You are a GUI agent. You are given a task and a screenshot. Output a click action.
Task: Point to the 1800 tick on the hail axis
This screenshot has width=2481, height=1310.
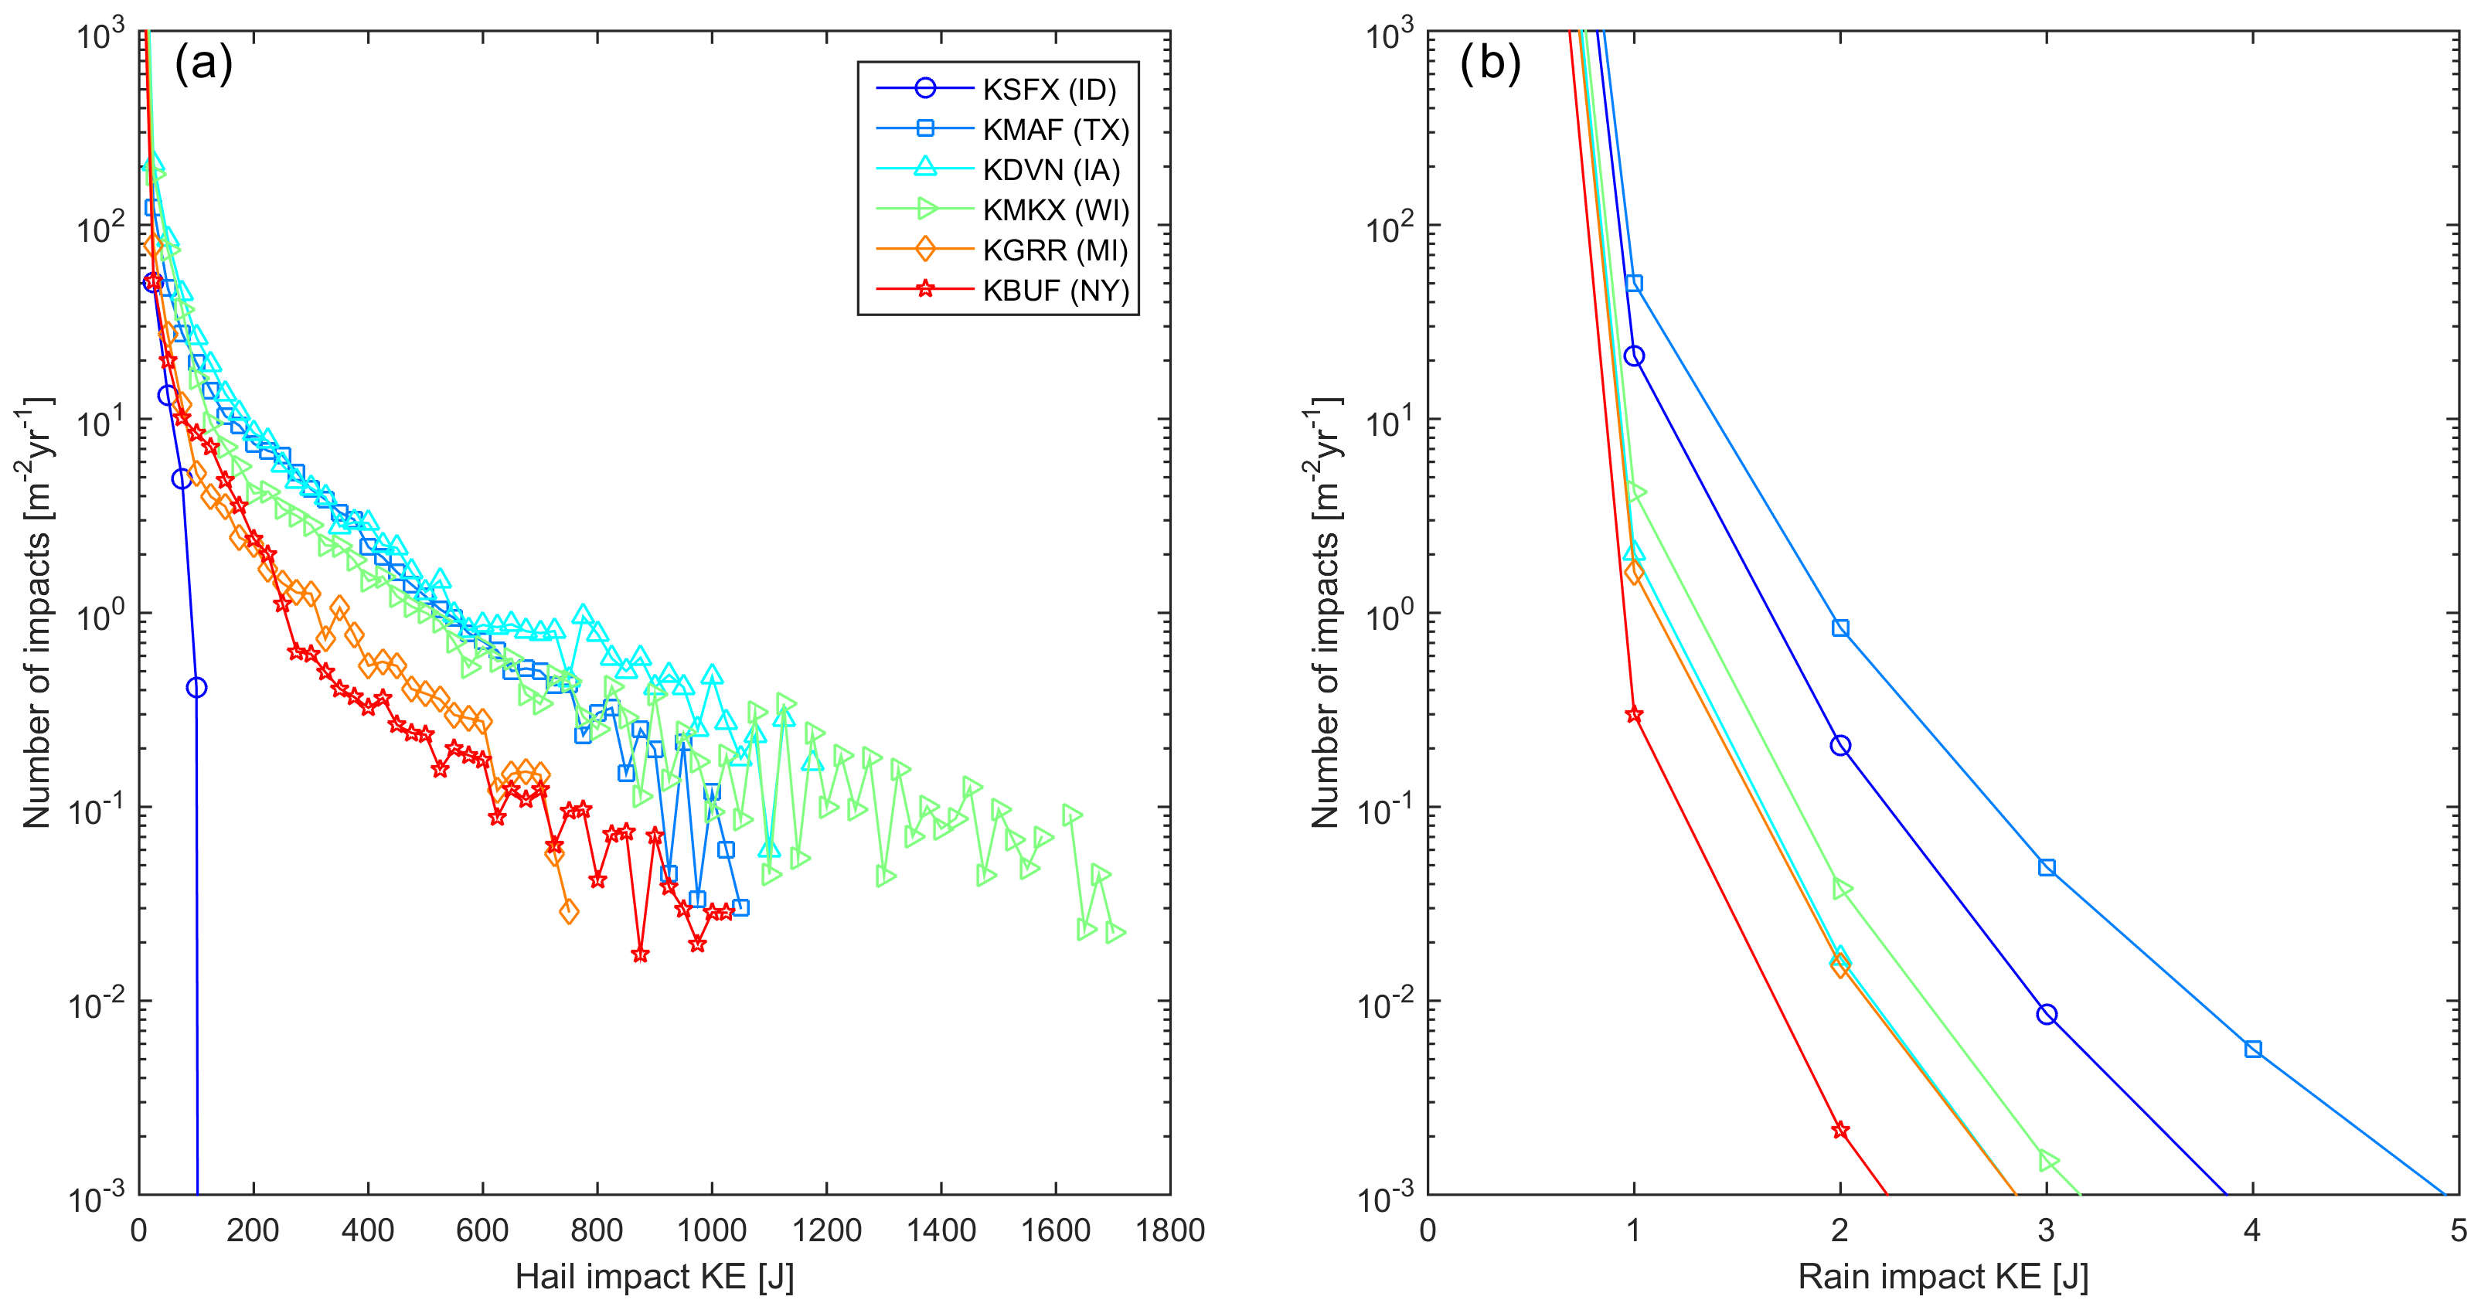[x=1169, y=1230]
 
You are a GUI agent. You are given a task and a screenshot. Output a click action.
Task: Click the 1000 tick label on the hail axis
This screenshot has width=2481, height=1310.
[x=711, y=1230]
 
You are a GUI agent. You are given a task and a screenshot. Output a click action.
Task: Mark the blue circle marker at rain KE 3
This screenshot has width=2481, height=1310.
[x=2047, y=1014]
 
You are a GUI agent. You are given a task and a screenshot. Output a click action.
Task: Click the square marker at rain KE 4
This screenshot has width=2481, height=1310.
[x=2253, y=1049]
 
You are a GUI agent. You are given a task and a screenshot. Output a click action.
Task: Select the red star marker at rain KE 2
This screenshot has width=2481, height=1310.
[x=1840, y=1130]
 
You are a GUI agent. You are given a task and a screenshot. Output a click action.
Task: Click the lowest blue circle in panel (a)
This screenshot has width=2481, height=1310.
[x=196, y=687]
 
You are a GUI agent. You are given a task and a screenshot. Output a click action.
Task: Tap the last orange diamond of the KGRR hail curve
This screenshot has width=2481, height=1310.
[x=568, y=911]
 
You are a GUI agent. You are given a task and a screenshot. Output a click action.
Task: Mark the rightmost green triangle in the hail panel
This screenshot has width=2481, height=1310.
[x=1115, y=932]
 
